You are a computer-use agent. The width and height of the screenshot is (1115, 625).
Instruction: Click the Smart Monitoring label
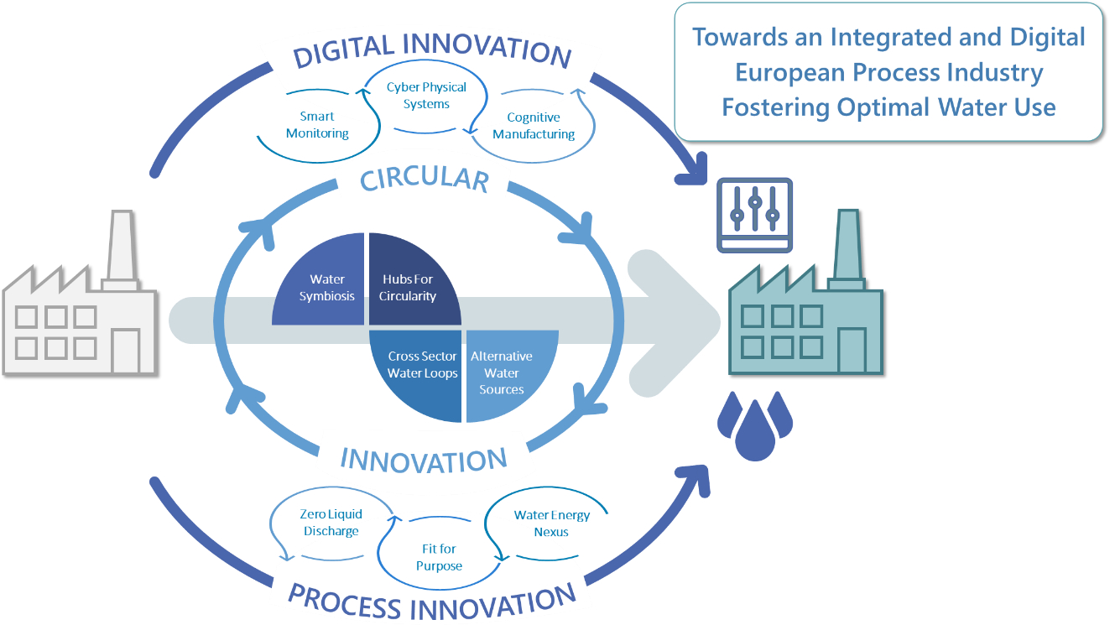[317, 124]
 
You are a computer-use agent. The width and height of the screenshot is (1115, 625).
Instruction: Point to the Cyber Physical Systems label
[426, 95]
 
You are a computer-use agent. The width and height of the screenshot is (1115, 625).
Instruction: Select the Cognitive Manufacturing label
[534, 125]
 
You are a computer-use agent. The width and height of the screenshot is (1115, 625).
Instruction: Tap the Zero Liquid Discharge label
[331, 523]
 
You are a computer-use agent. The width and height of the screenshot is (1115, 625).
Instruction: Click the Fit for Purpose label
[439, 557]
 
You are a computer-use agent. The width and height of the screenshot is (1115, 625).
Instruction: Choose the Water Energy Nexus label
[551, 523]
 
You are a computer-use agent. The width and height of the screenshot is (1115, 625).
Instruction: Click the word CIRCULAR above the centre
[425, 180]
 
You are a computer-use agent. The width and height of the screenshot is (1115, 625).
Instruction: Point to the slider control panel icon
[754, 215]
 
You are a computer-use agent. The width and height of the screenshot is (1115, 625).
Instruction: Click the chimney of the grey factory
[122, 249]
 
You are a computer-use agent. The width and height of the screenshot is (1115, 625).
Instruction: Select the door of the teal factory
[852, 351]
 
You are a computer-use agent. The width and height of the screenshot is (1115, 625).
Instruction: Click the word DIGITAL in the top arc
[343, 50]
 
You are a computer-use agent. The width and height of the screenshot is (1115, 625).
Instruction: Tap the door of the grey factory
[126, 351]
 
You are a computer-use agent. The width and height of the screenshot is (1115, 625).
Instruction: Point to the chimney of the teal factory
[848, 249]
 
